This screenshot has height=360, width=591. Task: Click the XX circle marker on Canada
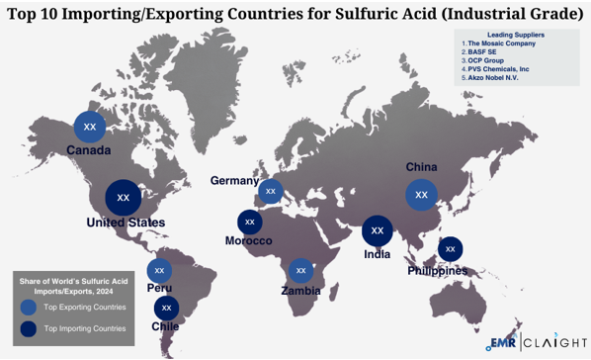click(90, 127)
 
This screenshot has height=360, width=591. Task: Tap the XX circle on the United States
click(124, 197)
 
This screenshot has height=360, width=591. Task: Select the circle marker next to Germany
click(271, 190)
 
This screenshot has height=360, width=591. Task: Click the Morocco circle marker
click(250, 223)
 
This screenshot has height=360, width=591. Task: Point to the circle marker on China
click(422, 195)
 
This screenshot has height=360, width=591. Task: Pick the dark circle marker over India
click(377, 231)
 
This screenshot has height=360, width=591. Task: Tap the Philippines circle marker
click(451, 249)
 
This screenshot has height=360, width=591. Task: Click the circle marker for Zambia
click(301, 270)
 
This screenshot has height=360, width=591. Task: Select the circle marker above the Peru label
click(159, 270)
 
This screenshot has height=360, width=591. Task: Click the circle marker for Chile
click(167, 308)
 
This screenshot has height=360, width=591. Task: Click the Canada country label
click(89, 150)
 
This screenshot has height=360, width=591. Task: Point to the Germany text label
click(234, 181)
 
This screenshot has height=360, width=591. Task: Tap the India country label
click(377, 254)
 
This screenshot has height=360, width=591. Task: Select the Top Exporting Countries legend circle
click(30, 308)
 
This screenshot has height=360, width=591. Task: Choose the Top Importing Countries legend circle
click(30, 328)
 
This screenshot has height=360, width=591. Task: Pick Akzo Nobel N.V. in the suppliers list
click(496, 77)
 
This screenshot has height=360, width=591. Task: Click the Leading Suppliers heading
click(515, 35)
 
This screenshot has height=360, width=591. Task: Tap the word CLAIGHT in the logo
click(555, 343)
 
